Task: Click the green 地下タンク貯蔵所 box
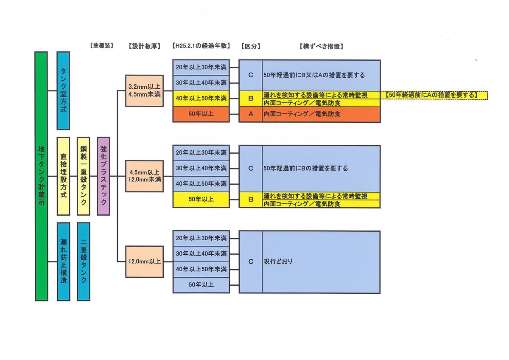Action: (41, 176)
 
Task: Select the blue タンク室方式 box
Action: (63, 90)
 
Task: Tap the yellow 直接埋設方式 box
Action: (63, 176)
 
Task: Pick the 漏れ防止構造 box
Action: (63, 261)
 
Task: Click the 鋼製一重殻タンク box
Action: (84, 176)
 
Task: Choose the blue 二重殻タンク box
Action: (84, 261)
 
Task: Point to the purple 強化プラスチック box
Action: (103, 176)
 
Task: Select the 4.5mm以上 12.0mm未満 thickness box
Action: (144, 176)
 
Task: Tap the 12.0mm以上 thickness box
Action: (144, 262)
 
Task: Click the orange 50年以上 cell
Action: (201, 114)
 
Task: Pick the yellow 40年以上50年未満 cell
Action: (201, 98)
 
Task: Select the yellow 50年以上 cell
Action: (201, 200)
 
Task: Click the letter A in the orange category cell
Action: (251, 114)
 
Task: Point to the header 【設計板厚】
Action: (144, 46)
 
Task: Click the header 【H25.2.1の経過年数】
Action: (201, 46)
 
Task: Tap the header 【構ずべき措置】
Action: (321, 46)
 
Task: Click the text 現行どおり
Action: (278, 262)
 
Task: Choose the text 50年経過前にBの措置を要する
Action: (305, 169)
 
